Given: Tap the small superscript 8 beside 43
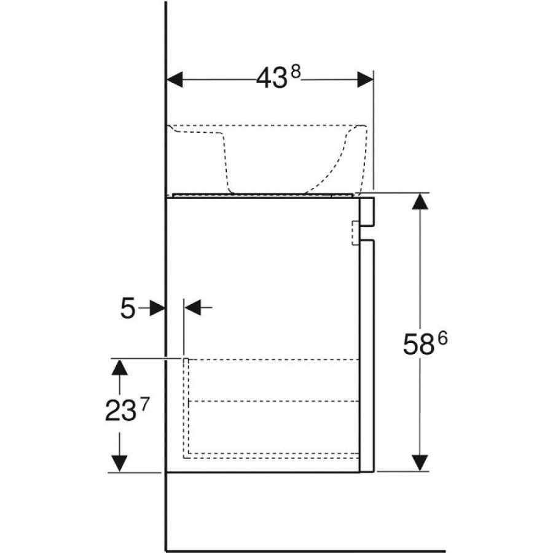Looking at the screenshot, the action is click(296, 73).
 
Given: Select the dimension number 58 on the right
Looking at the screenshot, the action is click(418, 345).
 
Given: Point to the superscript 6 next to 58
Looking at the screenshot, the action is click(442, 339).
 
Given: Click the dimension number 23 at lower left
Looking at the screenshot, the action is click(120, 411).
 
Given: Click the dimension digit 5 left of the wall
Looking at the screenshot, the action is click(128, 308).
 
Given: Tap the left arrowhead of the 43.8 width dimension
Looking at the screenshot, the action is click(175, 79).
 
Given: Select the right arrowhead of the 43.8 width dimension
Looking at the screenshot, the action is click(365, 79).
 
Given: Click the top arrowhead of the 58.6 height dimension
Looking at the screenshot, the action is click(420, 202).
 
